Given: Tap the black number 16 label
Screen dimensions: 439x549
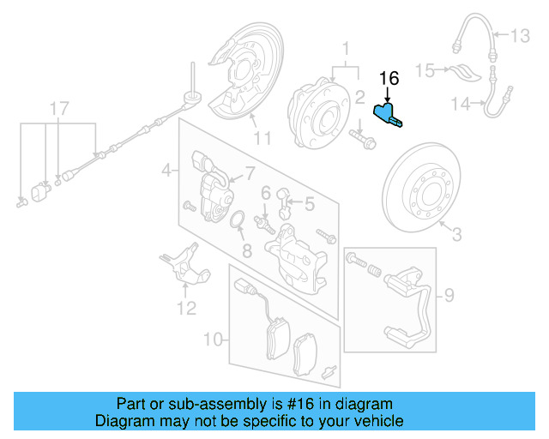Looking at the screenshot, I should pos(389,79).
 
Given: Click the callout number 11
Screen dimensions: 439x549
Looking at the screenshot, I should pos(262,137).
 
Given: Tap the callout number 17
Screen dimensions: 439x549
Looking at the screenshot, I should pos(57,109).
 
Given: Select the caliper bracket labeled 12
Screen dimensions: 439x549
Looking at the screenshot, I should pos(184,266).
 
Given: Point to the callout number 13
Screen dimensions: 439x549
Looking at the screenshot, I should pos(521,36).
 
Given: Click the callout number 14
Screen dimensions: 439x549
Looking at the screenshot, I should pos(462,104).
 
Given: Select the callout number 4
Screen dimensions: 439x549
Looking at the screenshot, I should pos(166,171).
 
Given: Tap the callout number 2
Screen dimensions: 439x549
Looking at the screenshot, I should pos(360,97).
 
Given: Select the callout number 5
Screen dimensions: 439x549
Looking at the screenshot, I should pos(308,203).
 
